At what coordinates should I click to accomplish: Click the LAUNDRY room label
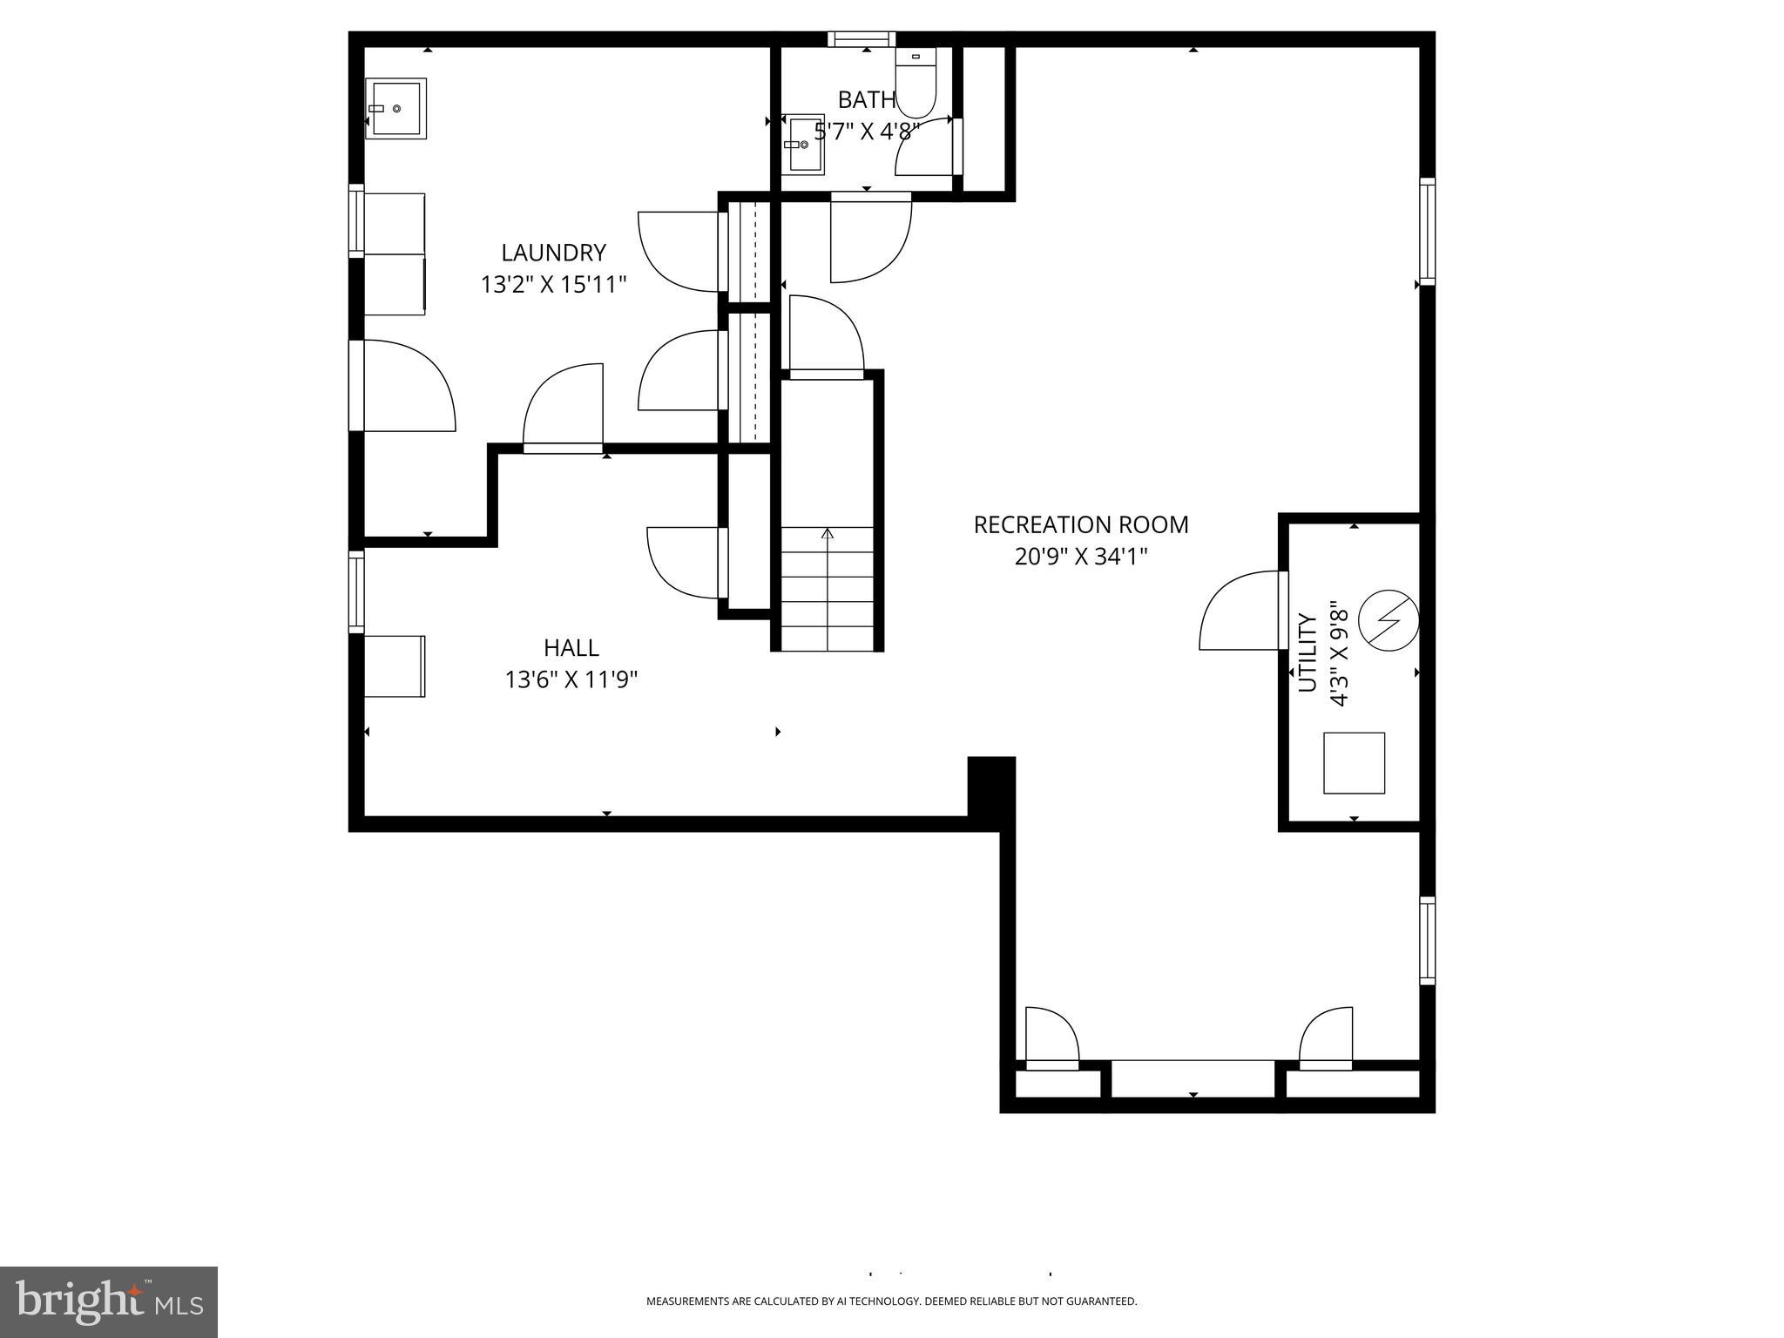click(553, 253)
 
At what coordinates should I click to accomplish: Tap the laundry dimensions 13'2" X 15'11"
click(553, 285)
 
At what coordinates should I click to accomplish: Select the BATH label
click(866, 99)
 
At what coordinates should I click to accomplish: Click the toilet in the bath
click(915, 85)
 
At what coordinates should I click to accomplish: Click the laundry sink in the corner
click(395, 108)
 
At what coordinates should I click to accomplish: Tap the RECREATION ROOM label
click(1080, 524)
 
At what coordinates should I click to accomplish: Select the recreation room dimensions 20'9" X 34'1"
click(1080, 557)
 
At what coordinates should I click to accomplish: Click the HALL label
click(571, 647)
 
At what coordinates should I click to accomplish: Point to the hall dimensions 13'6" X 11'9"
click(571, 679)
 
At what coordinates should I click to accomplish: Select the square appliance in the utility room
click(1354, 763)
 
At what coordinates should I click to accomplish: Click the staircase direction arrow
click(827, 534)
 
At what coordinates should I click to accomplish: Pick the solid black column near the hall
click(991, 786)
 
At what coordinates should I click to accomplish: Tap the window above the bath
click(861, 38)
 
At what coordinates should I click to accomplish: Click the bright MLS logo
click(108, 1301)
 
